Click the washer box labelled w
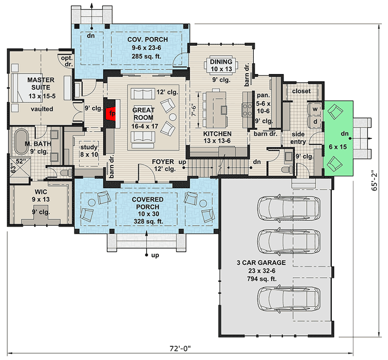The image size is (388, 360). point(315,110)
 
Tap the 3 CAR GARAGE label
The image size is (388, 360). point(262,263)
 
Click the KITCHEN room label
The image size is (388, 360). point(217,134)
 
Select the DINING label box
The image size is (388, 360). point(221,65)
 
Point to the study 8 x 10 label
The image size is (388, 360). point(89,151)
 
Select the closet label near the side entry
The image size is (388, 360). point(301,91)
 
